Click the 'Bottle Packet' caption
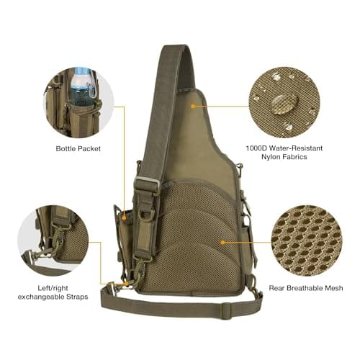pos(78,149)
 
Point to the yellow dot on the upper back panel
pos(194,105)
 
